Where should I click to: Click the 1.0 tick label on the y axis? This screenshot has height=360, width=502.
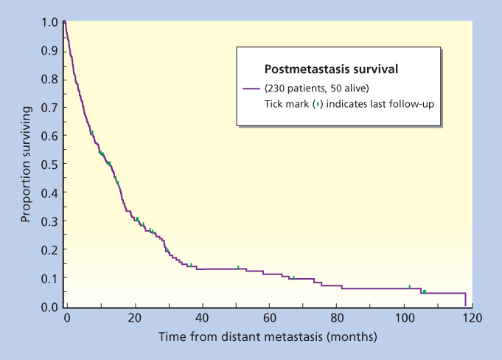click(48, 22)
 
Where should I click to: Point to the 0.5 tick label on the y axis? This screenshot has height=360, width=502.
click(48, 165)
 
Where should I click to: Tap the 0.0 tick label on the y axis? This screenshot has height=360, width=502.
click(48, 307)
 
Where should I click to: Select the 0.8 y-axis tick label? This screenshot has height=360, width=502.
click(48, 79)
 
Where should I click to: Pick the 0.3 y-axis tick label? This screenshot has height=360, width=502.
click(48, 221)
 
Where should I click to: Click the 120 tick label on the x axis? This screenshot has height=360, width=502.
click(473, 318)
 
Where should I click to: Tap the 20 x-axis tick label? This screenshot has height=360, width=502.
click(134, 318)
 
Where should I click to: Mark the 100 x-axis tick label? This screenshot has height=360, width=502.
click(405, 318)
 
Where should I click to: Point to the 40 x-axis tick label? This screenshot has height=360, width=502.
click(202, 318)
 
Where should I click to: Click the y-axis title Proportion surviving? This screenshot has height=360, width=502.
click(26, 164)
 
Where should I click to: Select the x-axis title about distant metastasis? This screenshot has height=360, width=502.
click(267, 337)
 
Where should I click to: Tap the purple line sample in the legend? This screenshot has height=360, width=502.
click(253, 89)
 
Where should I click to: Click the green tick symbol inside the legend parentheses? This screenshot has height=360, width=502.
click(317, 104)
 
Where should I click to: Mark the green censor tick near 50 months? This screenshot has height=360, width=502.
click(238, 267)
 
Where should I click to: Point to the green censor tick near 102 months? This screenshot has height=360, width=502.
click(410, 286)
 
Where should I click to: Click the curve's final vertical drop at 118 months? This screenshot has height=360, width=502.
click(465, 300)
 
